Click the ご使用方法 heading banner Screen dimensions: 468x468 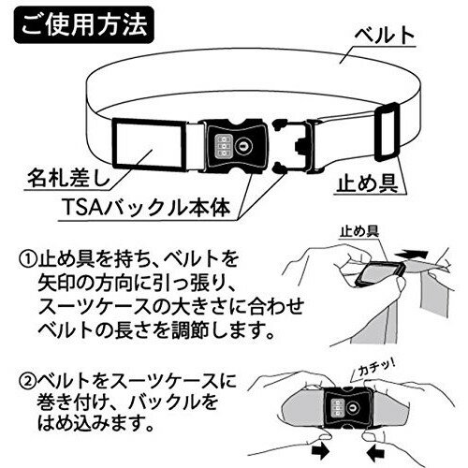click(x=83, y=25)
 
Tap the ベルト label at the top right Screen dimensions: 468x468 click(x=385, y=36)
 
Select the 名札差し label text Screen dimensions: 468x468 click(x=68, y=179)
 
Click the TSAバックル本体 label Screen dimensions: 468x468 click(x=147, y=207)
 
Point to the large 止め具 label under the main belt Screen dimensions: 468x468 click(x=368, y=183)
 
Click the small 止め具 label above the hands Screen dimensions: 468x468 click(x=359, y=231)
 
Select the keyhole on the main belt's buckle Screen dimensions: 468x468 click(x=242, y=145)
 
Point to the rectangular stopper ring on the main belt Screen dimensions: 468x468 click(x=388, y=132)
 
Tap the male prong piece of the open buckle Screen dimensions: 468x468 click(x=293, y=146)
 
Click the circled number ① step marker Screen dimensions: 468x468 click(x=28, y=259)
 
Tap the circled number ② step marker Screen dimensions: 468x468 click(x=28, y=381)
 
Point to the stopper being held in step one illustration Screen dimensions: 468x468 click(x=381, y=273)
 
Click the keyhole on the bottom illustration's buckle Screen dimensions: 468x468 click(x=353, y=406)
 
